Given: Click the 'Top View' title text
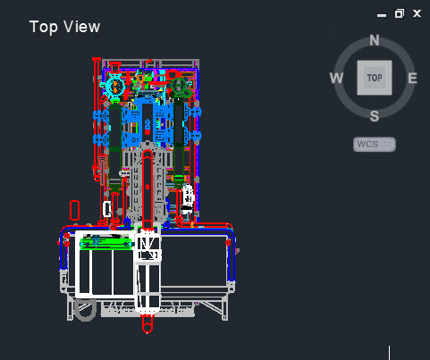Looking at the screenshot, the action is [64, 27].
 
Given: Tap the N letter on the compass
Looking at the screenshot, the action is [375, 40].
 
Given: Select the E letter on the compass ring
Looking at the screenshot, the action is [412, 79].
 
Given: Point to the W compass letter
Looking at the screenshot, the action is [336, 78].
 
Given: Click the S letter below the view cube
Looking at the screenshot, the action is [375, 116].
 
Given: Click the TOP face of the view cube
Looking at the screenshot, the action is [375, 78].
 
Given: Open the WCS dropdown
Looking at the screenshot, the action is [375, 145].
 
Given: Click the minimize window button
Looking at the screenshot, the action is [382, 15].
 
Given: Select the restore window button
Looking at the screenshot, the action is [400, 13].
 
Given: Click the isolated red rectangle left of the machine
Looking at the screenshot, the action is [74, 210].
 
